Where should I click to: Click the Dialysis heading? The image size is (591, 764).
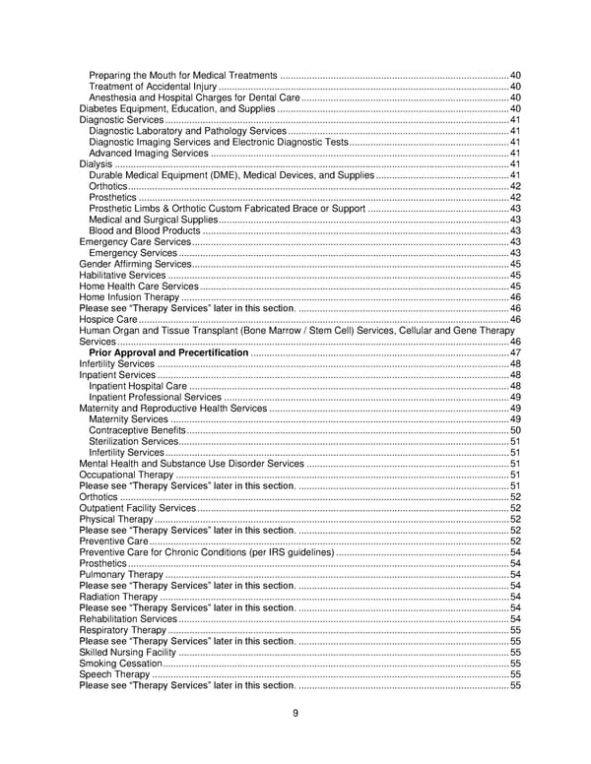pyautogui.click(x=95, y=164)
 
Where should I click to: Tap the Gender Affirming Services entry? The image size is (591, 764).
pyautogui.click(x=135, y=265)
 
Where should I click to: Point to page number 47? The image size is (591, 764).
pyautogui.click(x=515, y=352)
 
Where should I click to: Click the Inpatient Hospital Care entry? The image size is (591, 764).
pyautogui.click(x=138, y=386)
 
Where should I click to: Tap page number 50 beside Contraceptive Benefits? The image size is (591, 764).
pyautogui.click(x=515, y=430)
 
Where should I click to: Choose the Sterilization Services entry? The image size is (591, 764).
pyautogui.click(x=133, y=441)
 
